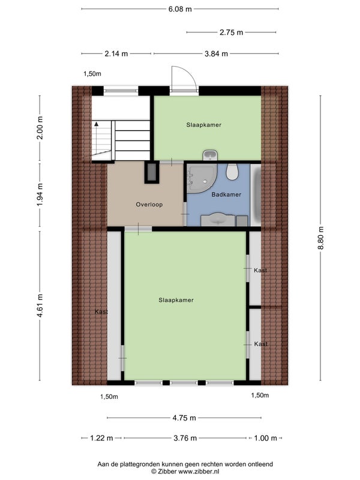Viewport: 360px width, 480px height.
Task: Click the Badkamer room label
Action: [x=226, y=194]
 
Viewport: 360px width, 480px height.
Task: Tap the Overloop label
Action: [x=149, y=205]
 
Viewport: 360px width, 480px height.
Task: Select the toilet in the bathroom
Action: [x=232, y=172]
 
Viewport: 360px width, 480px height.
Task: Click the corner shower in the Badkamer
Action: [x=202, y=178]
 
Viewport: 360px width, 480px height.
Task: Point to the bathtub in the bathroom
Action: [x=256, y=194]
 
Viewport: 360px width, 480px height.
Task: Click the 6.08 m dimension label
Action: [x=180, y=9]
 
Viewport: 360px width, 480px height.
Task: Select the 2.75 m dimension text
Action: [x=231, y=32]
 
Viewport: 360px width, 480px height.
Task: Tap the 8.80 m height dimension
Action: [x=321, y=238]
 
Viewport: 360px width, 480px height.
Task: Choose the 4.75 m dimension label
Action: [x=184, y=418]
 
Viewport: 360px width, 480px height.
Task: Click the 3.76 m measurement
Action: [x=185, y=438]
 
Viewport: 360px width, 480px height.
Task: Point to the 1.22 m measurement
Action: [x=101, y=438]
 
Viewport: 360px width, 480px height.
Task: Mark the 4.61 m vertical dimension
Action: [x=40, y=305]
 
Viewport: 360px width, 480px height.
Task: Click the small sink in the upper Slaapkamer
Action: [x=210, y=155]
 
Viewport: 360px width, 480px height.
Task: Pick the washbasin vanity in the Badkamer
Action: [x=218, y=220]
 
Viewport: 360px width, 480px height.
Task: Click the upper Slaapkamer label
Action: [x=203, y=125]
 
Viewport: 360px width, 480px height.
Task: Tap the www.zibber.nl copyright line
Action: [x=185, y=472]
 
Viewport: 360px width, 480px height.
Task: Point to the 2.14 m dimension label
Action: [x=116, y=53]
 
